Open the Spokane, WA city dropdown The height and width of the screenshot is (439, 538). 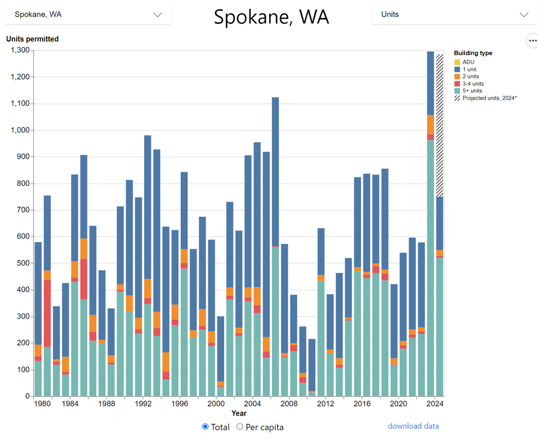pos(88,14)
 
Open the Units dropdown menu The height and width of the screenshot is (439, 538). pos(455,14)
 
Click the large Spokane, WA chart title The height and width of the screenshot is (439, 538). pos(271,17)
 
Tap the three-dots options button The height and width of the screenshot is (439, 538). pos(532,40)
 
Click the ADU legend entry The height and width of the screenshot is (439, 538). pos(468,62)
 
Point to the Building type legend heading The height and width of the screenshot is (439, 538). pos(473,53)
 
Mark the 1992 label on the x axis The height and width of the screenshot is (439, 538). pos(143,404)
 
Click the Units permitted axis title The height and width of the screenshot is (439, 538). pos(32,39)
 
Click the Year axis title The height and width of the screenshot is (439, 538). pos(239,413)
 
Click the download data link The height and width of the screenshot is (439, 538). pos(413,426)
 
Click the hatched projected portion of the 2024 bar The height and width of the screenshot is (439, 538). pos(440,125)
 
